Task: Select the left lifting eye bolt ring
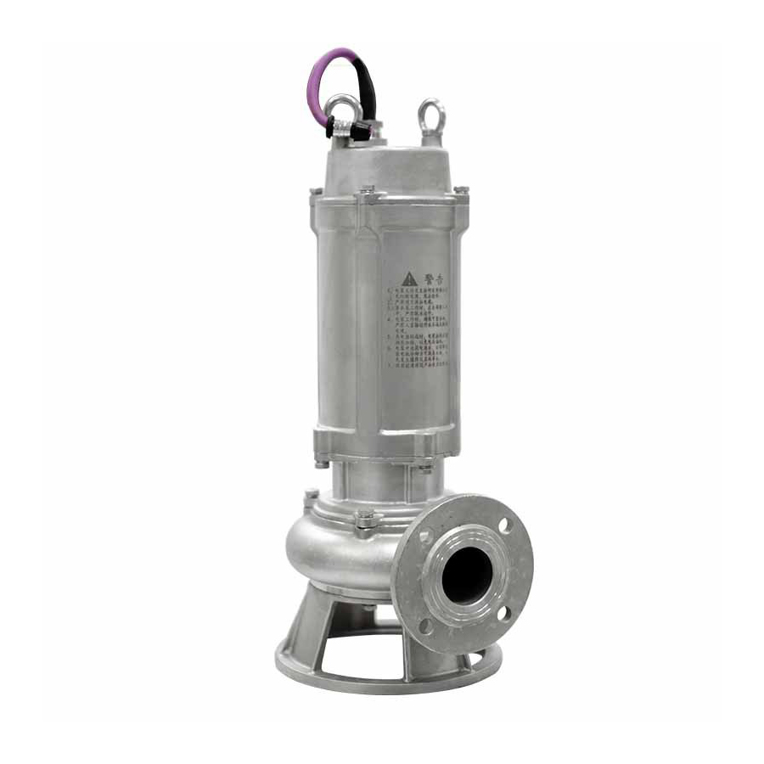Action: coord(344,108)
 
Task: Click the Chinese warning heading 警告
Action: coord(433,278)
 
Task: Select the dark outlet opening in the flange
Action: coord(466,574)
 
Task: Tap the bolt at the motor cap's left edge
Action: coord(316,194)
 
